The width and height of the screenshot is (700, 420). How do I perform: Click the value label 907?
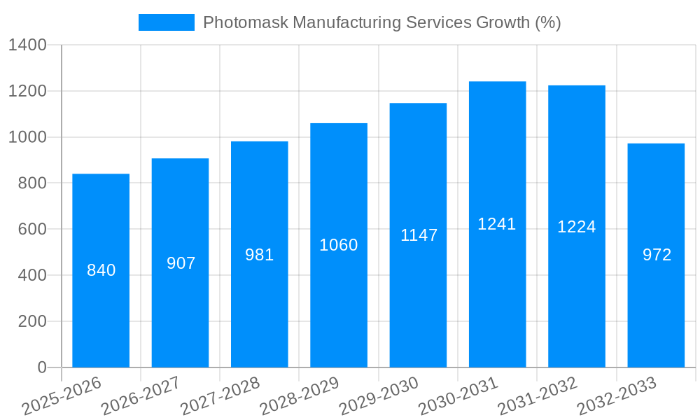tap(181, 263)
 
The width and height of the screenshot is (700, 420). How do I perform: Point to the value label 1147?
tap(419, 235)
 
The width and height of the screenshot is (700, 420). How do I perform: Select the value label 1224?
tap(577, 227)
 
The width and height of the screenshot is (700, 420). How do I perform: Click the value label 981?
tap(260, 255)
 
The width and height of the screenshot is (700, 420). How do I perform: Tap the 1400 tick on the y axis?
tap(27, 45)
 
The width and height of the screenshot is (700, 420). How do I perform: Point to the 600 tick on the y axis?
tap(32, 230)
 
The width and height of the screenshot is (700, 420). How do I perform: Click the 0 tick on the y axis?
tap(41, 367)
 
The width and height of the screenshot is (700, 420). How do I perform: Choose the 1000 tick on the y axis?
tap(27, 137)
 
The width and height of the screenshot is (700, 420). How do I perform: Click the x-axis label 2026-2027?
tap(141, 395)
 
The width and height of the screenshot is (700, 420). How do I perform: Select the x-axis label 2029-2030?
tap(379, 395)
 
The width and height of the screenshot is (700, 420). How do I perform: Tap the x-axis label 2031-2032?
tap(538, 395)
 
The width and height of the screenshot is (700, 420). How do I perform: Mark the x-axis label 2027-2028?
tap(220, 395)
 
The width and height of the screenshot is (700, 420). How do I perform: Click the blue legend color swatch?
tap(167, 22)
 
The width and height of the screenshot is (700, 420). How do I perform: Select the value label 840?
tap(101, 270)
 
